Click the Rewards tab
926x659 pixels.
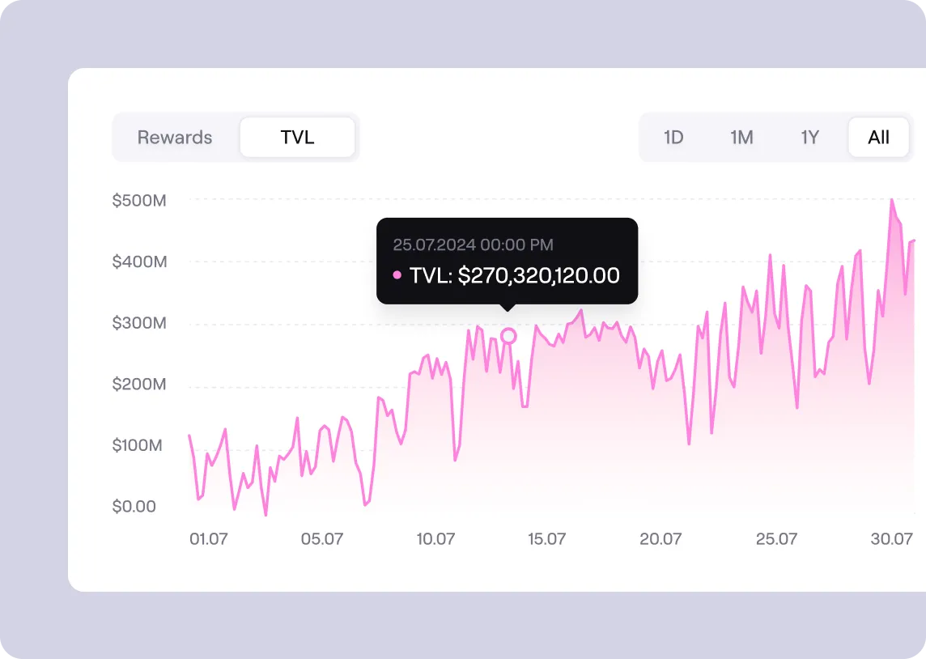175,137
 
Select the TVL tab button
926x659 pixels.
297,137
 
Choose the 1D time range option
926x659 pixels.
673,137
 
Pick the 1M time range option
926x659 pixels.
741,137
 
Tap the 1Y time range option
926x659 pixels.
809,137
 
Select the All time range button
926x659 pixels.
878,137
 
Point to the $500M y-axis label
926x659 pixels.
139,200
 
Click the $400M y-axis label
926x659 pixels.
139,261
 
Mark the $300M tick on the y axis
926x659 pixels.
139,323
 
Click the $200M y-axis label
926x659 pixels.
139,384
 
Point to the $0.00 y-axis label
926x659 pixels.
134,507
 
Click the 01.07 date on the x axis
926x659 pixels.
208,539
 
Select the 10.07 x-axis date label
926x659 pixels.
435,539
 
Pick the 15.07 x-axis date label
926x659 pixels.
547,539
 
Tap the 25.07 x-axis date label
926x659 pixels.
776,539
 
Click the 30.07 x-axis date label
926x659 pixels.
891,539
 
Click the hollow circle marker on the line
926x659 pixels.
508,336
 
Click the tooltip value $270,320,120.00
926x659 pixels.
538,275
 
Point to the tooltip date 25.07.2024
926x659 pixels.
434,244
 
